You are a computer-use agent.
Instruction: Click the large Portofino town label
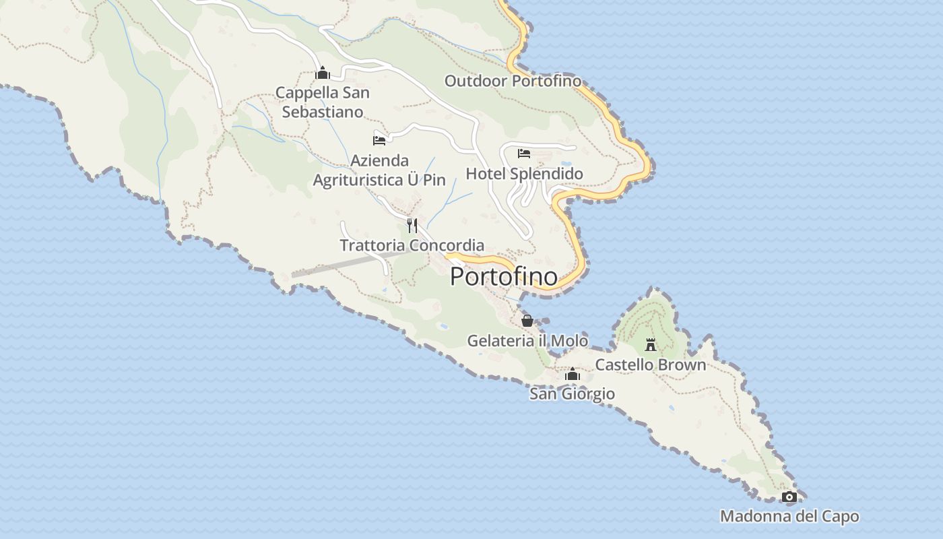pyautogui.click(x=503, y=276)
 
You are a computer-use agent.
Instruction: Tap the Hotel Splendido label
pyautogui.click(x=524, y=174)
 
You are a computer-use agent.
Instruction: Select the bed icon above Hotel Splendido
pyautogui.click(x=524, y=154)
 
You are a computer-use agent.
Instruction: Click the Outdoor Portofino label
pyautogui.click(x=512, y=81)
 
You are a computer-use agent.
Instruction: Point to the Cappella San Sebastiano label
pyautogui.click(x=323, y=102)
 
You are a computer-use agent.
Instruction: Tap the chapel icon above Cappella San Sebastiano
pyautogui.click(x=323, y=73)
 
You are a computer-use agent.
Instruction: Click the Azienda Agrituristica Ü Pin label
pyautogui.click(x=380, y=170)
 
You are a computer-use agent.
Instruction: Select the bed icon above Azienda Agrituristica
pyautogui.click(x=379, y=140)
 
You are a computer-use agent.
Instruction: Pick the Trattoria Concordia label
pyautogui.click(x=412, y=245)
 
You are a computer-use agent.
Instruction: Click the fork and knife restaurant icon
pyautogui.click(x=412, y=225)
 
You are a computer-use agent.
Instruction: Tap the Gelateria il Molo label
pyautogui.click(x=527, y=341)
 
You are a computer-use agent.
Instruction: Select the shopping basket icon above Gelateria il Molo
pyautogui.click(x=527, y=321)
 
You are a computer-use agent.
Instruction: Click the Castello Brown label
pyautogui.click(x=650, y=365)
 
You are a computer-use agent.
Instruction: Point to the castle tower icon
pyautogui.click(x=651, y=344)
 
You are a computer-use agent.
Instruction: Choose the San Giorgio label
pyautogui.click(x=572, y=394)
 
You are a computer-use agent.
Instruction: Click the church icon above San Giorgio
pyautogui.click(x=573, y=374)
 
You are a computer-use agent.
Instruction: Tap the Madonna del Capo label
pyautogui.click(x=789, y=517)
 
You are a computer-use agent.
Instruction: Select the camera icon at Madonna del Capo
pyautogui.click(x=789, y=497)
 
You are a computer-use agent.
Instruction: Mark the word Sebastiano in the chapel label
pyautogui.click(x=323, y=112)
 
